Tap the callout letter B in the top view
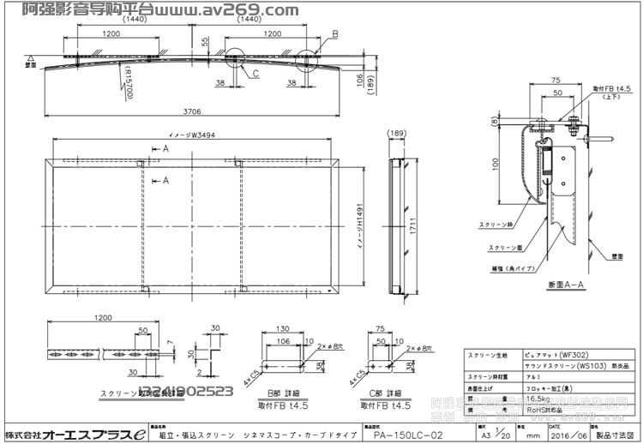335,33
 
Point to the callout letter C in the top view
255,74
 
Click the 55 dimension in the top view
205,41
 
